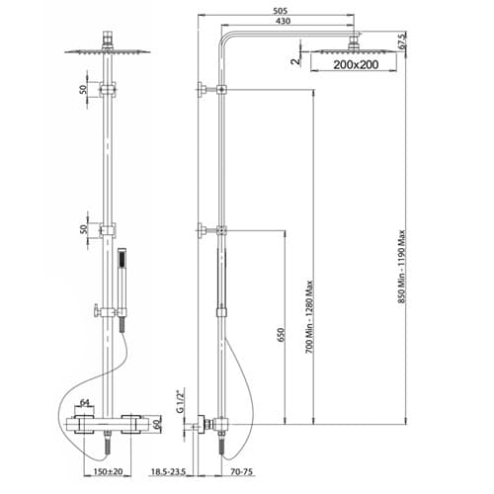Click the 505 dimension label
281,11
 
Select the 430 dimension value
283,21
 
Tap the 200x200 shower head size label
356,64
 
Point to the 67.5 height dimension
402,41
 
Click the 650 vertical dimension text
281,335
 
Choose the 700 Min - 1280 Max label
309,317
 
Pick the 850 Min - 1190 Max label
401,269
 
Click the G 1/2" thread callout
180,401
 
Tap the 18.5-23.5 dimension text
168,472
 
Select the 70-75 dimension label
242,472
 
